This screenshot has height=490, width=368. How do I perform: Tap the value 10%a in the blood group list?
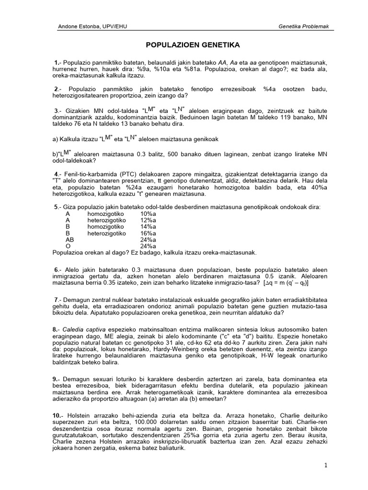click(x=148, y=213)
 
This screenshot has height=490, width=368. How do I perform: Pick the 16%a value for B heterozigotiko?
click(x=148, y=234)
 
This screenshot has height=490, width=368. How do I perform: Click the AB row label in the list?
click(x=70, y=240)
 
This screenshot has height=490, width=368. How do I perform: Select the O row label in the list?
click(x=68, y=246)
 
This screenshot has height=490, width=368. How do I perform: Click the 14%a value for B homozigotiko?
click(x=148, y=227)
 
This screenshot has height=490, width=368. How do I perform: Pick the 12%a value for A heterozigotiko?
click(x=148, y=220)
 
